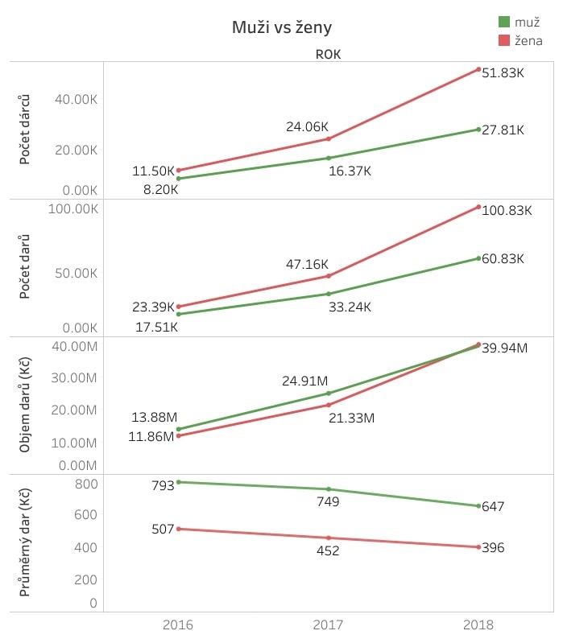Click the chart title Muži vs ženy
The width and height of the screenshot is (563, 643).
(282, 27)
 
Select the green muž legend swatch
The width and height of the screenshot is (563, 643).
(504, 22)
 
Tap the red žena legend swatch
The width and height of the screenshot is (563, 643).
(504, 40)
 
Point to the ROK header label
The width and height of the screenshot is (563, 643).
(328, 55)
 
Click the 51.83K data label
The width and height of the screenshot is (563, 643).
(503, 73)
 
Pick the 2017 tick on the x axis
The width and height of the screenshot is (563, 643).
(328, 624)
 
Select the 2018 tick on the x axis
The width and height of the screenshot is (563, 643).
(478, 624)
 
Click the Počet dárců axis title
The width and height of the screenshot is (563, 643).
(25, 130)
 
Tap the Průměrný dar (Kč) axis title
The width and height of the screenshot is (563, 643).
(25, 542)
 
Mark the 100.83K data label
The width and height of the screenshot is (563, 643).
(507, 210)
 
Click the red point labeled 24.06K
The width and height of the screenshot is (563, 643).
(329, 138)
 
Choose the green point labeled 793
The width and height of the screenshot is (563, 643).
(179, 482)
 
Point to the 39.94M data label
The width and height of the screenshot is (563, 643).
(505, 348)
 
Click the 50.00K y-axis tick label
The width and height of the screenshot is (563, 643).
(77, 273)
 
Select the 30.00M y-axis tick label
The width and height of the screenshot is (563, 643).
(74, 377)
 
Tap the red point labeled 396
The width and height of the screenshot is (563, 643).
(478, 547)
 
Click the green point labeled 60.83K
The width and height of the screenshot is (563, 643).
(478, 258)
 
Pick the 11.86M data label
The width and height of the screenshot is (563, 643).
(151, 436)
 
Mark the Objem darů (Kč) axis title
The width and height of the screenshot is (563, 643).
(25, 405)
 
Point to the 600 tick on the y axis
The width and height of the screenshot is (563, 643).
(85, 515)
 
